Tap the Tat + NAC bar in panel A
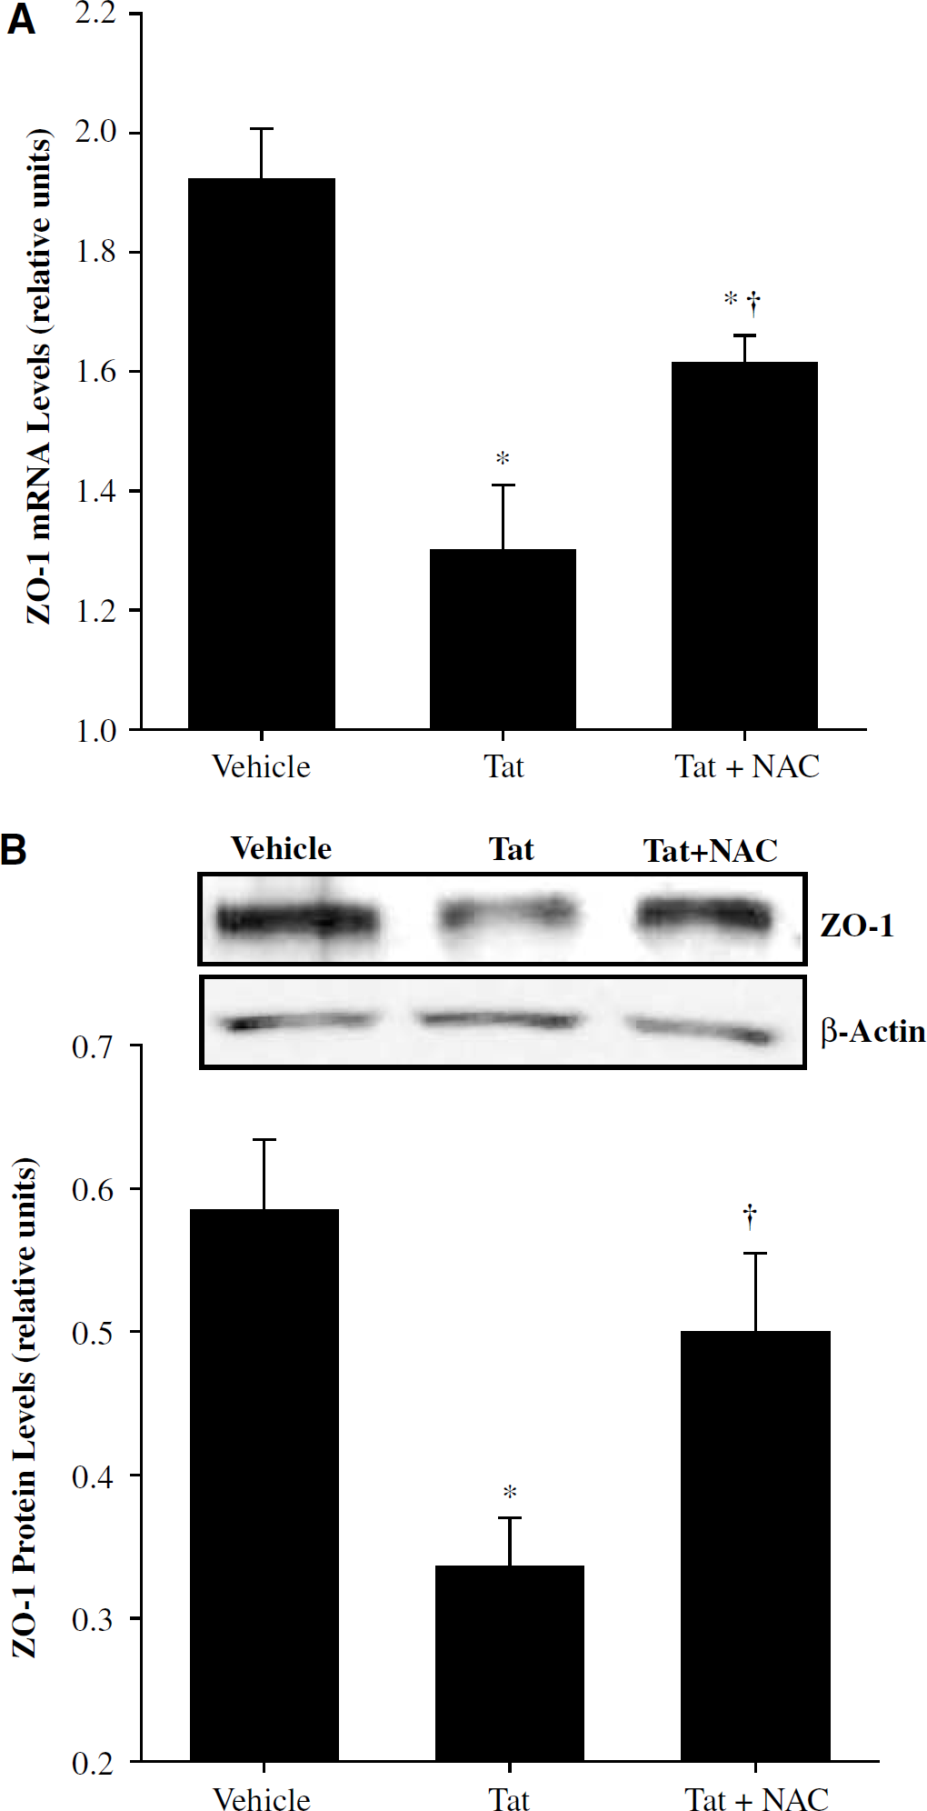tap(744, 545)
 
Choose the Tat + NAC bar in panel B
tap(755, 1546)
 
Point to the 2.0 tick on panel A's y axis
tap(95, 133)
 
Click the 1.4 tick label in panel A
tap(95, 491)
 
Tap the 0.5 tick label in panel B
tap(93, 1332)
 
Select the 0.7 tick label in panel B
tap(93, 1046)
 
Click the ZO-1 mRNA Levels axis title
tap(38, 376)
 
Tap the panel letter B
tap(14, 850)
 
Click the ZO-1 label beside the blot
tap(857, 926)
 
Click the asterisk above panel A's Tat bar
tap(503, 459)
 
